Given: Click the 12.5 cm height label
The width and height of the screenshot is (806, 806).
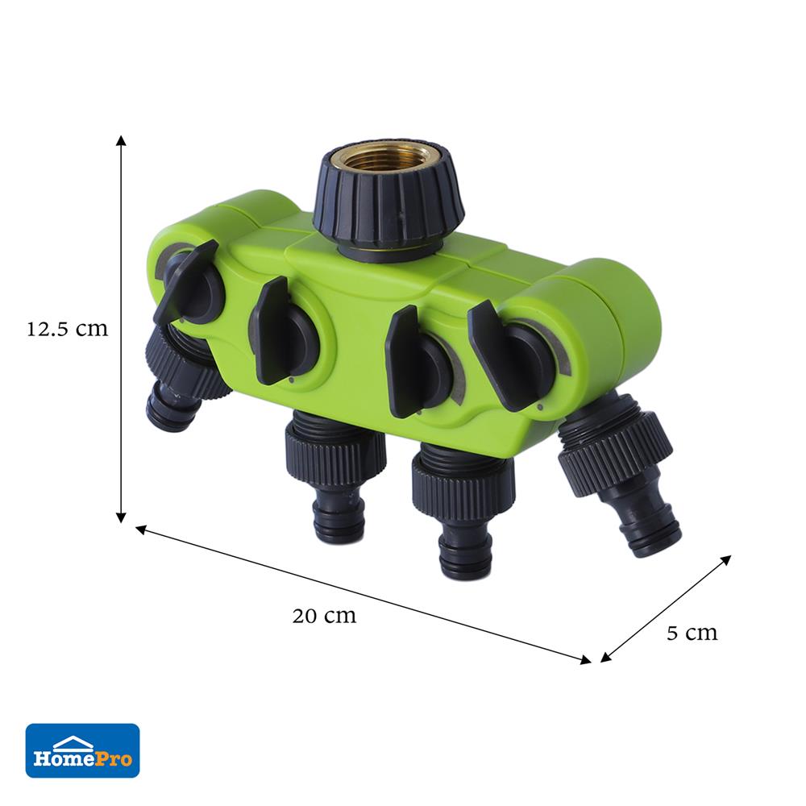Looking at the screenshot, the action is [x=68, y=329].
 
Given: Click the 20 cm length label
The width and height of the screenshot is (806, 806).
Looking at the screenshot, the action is [x=324, y=615].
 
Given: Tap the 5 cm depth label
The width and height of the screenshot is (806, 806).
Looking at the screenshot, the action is [x=692, y=633].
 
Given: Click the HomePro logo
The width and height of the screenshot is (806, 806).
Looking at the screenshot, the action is [x=82, y=750].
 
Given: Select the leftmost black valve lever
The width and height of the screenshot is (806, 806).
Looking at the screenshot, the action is [x=186, y=281].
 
